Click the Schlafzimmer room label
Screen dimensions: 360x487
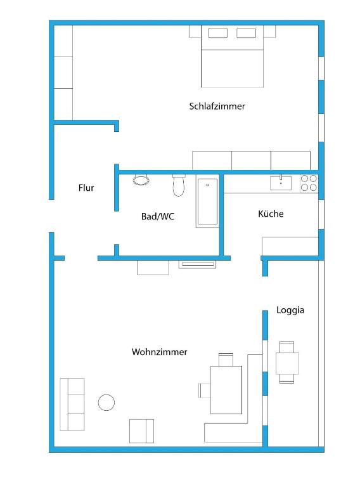217,107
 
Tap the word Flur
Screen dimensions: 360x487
86,188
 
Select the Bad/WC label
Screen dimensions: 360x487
158,216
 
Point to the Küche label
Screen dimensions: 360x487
271,213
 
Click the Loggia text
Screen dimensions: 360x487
290,310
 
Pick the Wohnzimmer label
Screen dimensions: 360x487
159,352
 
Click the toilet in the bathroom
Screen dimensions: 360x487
179,185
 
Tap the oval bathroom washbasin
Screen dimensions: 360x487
141,180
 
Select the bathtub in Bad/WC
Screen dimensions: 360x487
208,201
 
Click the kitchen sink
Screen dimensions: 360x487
281,183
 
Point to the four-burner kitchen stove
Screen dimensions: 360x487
309,183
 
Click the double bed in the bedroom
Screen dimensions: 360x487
232,56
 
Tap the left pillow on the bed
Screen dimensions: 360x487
217,33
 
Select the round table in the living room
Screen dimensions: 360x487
106,402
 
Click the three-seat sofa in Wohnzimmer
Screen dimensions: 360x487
72,404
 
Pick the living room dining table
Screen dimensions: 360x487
226,390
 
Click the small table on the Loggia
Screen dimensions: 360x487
287,363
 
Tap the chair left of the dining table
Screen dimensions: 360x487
204,391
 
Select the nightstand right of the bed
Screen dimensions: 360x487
270,31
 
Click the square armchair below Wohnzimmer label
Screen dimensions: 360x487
141,431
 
